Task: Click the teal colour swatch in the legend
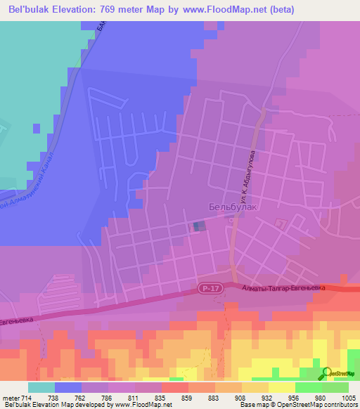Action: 41,387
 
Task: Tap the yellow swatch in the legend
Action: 282,387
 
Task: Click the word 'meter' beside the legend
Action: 12,398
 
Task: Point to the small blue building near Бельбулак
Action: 200,226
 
